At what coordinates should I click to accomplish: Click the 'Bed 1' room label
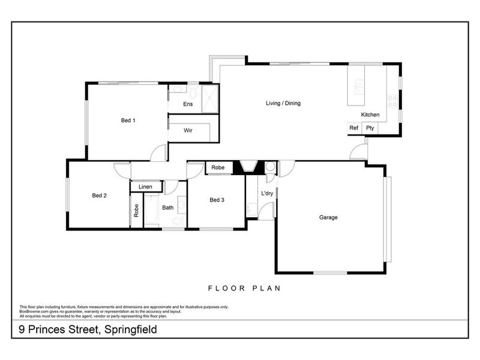point(128,121)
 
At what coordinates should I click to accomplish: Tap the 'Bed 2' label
point(99,195)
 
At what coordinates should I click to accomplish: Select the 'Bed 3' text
point(217,200)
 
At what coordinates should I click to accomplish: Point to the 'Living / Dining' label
point(283,103)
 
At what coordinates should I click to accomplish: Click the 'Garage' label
point(328,217)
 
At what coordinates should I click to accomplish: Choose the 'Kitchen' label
point(370,115)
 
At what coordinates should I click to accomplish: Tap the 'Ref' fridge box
point(353,128)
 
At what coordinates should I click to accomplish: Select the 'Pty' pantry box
point(370,128)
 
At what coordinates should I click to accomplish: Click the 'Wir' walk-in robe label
point(188,130)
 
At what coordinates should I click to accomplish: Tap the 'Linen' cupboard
point(145,187)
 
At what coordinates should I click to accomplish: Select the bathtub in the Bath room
point(151,209)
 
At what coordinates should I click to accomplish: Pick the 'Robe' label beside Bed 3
point(218,168)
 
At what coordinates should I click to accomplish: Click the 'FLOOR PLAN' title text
point(244,288)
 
